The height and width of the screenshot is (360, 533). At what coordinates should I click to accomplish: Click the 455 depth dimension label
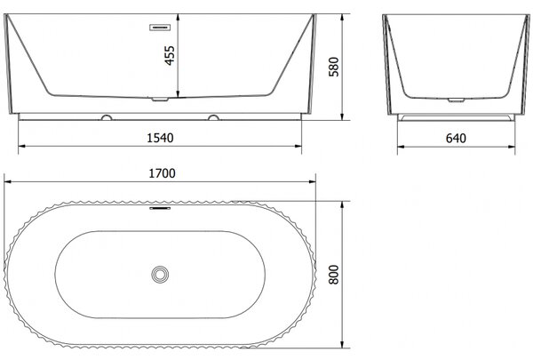tap(170, 55)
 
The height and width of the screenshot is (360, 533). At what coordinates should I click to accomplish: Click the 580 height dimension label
tap(334, 67)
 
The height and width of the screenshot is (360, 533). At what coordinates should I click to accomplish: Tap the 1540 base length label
tap(160, 138)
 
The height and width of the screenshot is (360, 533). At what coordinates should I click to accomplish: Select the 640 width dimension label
tap(456, 138)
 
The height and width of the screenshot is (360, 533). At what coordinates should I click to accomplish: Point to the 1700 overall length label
tap(163, 173)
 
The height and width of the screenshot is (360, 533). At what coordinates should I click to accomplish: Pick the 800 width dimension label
tap(334, 275)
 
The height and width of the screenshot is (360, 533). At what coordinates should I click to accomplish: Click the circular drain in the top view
tap(160, 275)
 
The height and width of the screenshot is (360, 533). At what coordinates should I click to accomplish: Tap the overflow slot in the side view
tap(160, 28)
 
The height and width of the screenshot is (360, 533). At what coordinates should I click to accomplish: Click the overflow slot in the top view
tap(160, 208)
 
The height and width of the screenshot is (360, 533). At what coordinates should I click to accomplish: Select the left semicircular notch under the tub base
tap(107, 117)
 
